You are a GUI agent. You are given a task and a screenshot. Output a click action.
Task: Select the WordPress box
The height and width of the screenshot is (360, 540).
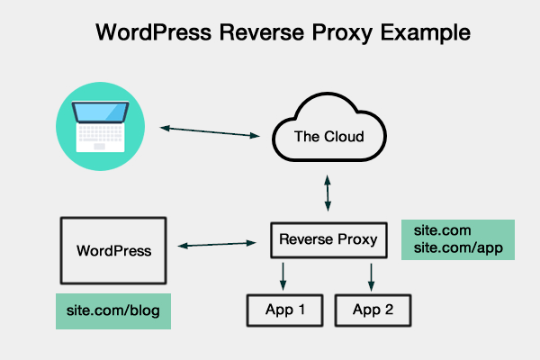coord(112,249)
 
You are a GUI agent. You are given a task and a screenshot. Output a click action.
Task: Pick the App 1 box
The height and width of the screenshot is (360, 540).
coord(285,310)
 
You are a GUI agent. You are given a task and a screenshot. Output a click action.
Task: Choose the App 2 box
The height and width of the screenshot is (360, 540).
coord(373,310)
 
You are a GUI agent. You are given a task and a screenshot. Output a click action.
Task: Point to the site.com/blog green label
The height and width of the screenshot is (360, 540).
coord(112,310)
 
